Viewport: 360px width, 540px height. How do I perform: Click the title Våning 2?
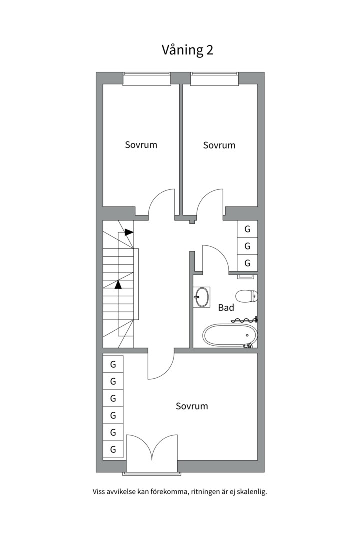[188, 50]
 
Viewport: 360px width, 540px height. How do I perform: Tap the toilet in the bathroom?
[246, 296]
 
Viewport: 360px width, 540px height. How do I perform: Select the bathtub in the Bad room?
[230, 334]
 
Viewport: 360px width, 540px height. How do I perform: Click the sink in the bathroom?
[202, 297]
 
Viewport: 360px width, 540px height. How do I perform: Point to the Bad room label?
[226, 308]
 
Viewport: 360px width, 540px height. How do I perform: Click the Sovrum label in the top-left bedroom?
[141, 145]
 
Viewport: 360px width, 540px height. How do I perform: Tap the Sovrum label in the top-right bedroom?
[219, 145]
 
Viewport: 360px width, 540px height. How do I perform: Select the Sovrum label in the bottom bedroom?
[192, 406]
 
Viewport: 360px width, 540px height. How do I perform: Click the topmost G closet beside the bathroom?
[247, 229]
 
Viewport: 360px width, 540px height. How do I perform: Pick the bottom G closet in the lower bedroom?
[113, 449]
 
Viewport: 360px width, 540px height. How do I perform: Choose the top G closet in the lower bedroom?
[113, 364]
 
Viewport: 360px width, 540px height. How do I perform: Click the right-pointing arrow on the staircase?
[129, 232]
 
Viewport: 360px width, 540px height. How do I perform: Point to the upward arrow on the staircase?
[118, 285]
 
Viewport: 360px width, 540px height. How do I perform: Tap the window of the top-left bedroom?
[147, 79]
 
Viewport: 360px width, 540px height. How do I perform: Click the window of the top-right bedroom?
[214, 79]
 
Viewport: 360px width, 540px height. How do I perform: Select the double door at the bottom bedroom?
[152, 447]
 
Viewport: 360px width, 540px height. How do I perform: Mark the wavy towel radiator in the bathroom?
[244, 320]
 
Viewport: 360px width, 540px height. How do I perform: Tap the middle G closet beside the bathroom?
[247, 246]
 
